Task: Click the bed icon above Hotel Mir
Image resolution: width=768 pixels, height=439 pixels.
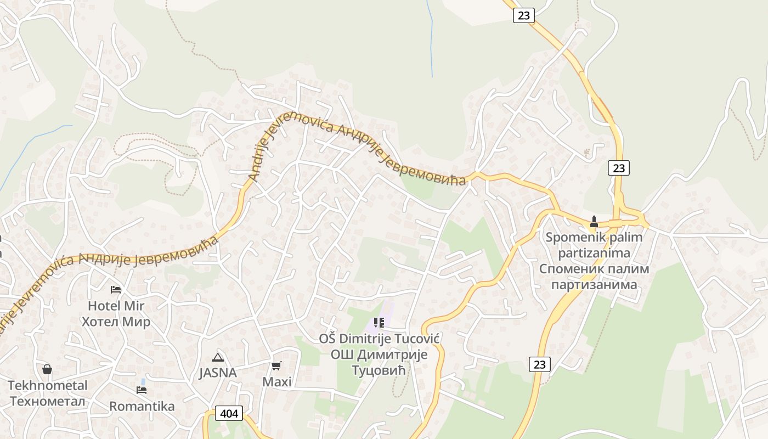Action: [x=116, y=289]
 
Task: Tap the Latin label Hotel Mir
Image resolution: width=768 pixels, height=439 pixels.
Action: [x=116, y=306]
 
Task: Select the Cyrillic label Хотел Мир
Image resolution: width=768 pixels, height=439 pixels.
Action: [x=116, y=322]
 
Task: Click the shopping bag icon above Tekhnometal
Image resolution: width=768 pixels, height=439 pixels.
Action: [x=47, y=369]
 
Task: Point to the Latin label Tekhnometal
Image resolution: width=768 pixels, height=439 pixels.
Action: [x=48, y=385]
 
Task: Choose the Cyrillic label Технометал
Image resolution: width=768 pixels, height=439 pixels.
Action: [x=48, y=401]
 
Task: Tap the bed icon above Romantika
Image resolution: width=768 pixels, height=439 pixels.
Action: [x=142, y=390]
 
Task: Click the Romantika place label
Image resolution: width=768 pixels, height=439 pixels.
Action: [x=142, y=406]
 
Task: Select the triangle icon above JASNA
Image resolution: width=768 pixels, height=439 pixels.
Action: [x=218, y=357]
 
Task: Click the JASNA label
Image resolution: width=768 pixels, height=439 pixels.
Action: [x=218, y=373]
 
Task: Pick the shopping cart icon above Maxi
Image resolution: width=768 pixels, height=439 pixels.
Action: [x=276, y=365]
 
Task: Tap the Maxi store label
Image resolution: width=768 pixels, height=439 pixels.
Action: [x=277, y=381]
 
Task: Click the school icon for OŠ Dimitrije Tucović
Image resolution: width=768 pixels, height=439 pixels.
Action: [x=379, y=323]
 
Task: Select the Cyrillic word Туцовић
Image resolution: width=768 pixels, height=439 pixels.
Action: [x=379, y=370]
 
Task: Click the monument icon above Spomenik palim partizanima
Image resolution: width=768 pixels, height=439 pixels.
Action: [x=594, y=222]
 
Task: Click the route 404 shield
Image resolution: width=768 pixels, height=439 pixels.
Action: [x=229, y=413]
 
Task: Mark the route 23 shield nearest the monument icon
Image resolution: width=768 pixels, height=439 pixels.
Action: [x=619, y=168]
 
